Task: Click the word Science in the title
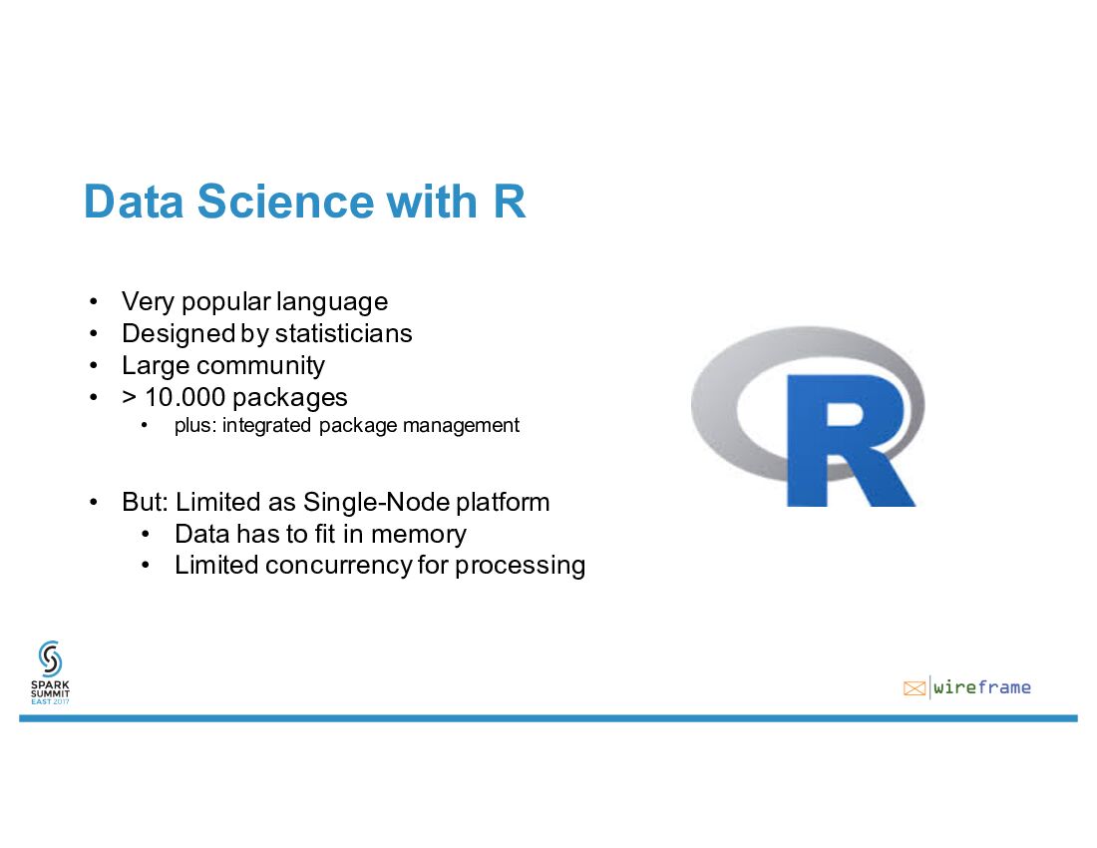284,202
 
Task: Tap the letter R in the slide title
509,202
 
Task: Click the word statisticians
343,333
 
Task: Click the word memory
418,534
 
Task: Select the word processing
520,566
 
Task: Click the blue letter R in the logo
848,439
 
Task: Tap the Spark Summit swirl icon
50,659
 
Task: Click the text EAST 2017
50,701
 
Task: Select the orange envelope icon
914,687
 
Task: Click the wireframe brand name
982,687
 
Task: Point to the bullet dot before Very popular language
93,301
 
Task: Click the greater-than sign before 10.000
129,397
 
